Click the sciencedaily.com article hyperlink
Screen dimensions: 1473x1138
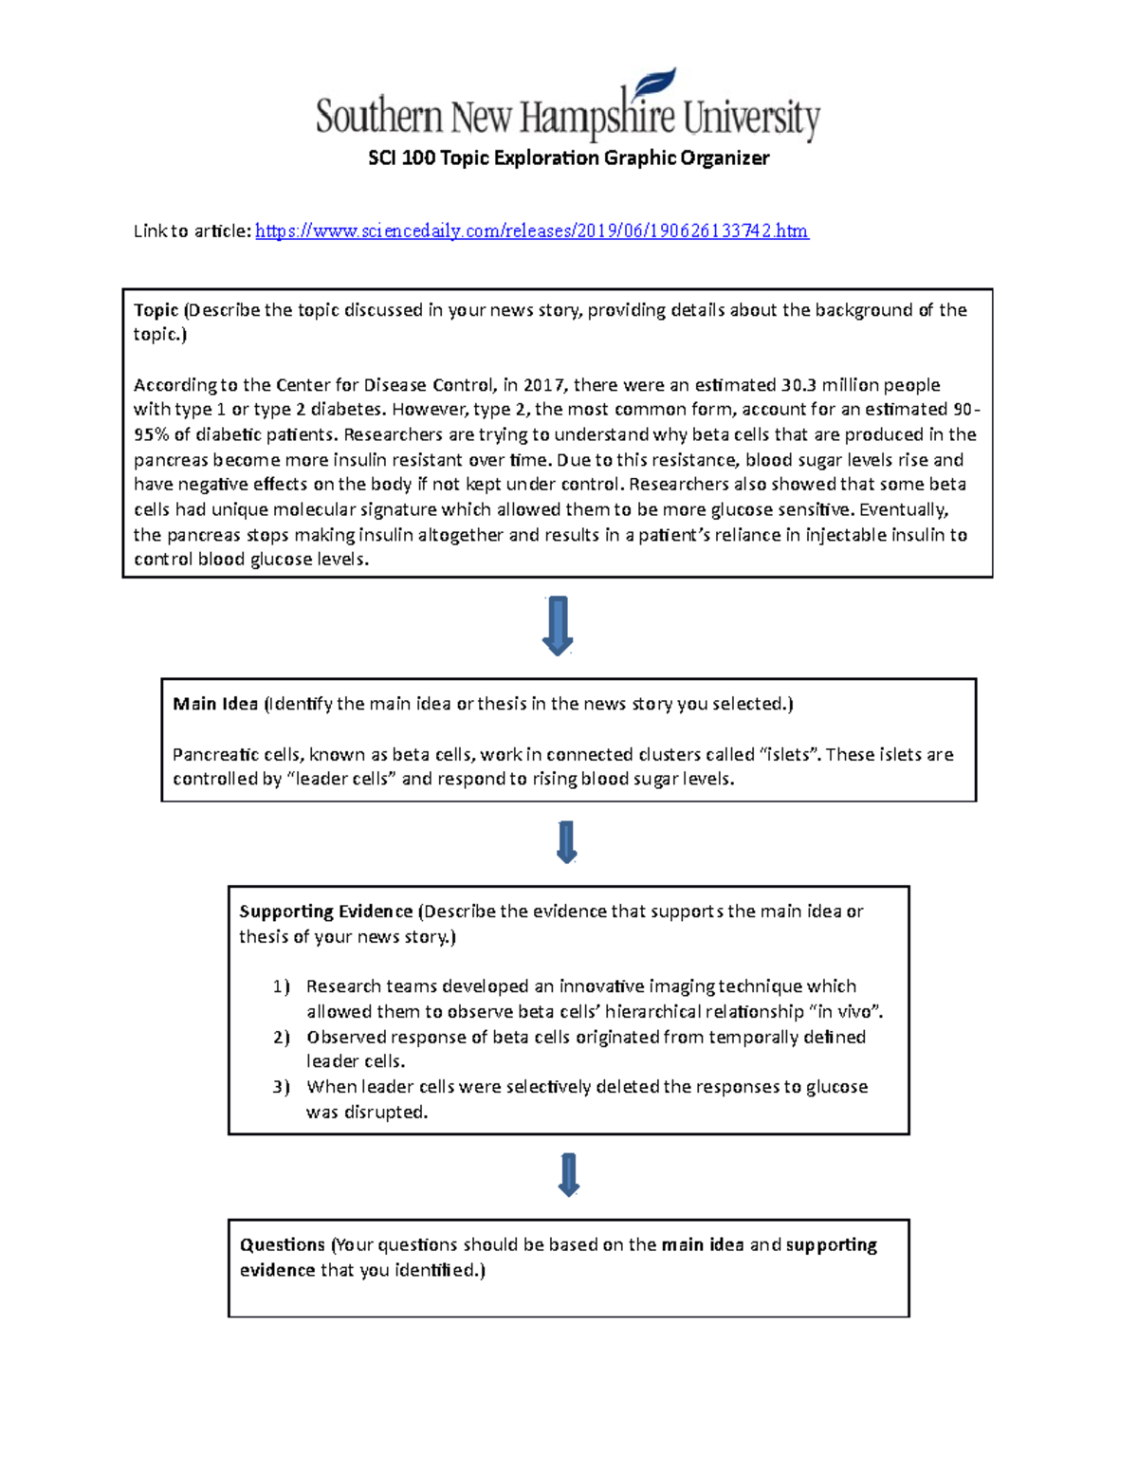click(531, 230)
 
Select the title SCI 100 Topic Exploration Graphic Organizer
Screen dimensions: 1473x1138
click(568, 157)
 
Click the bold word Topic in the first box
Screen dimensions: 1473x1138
click(156, 310)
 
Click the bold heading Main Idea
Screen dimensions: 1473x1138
click(215, 704)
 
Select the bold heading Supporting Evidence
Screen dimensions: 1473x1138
click(325, 911)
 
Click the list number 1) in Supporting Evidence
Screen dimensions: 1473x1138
click(281, 986)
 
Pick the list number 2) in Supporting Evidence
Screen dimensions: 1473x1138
click(281, 1037)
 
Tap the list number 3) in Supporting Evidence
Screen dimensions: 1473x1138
click(281, 1087)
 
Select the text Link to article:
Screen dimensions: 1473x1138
click(192, 230)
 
